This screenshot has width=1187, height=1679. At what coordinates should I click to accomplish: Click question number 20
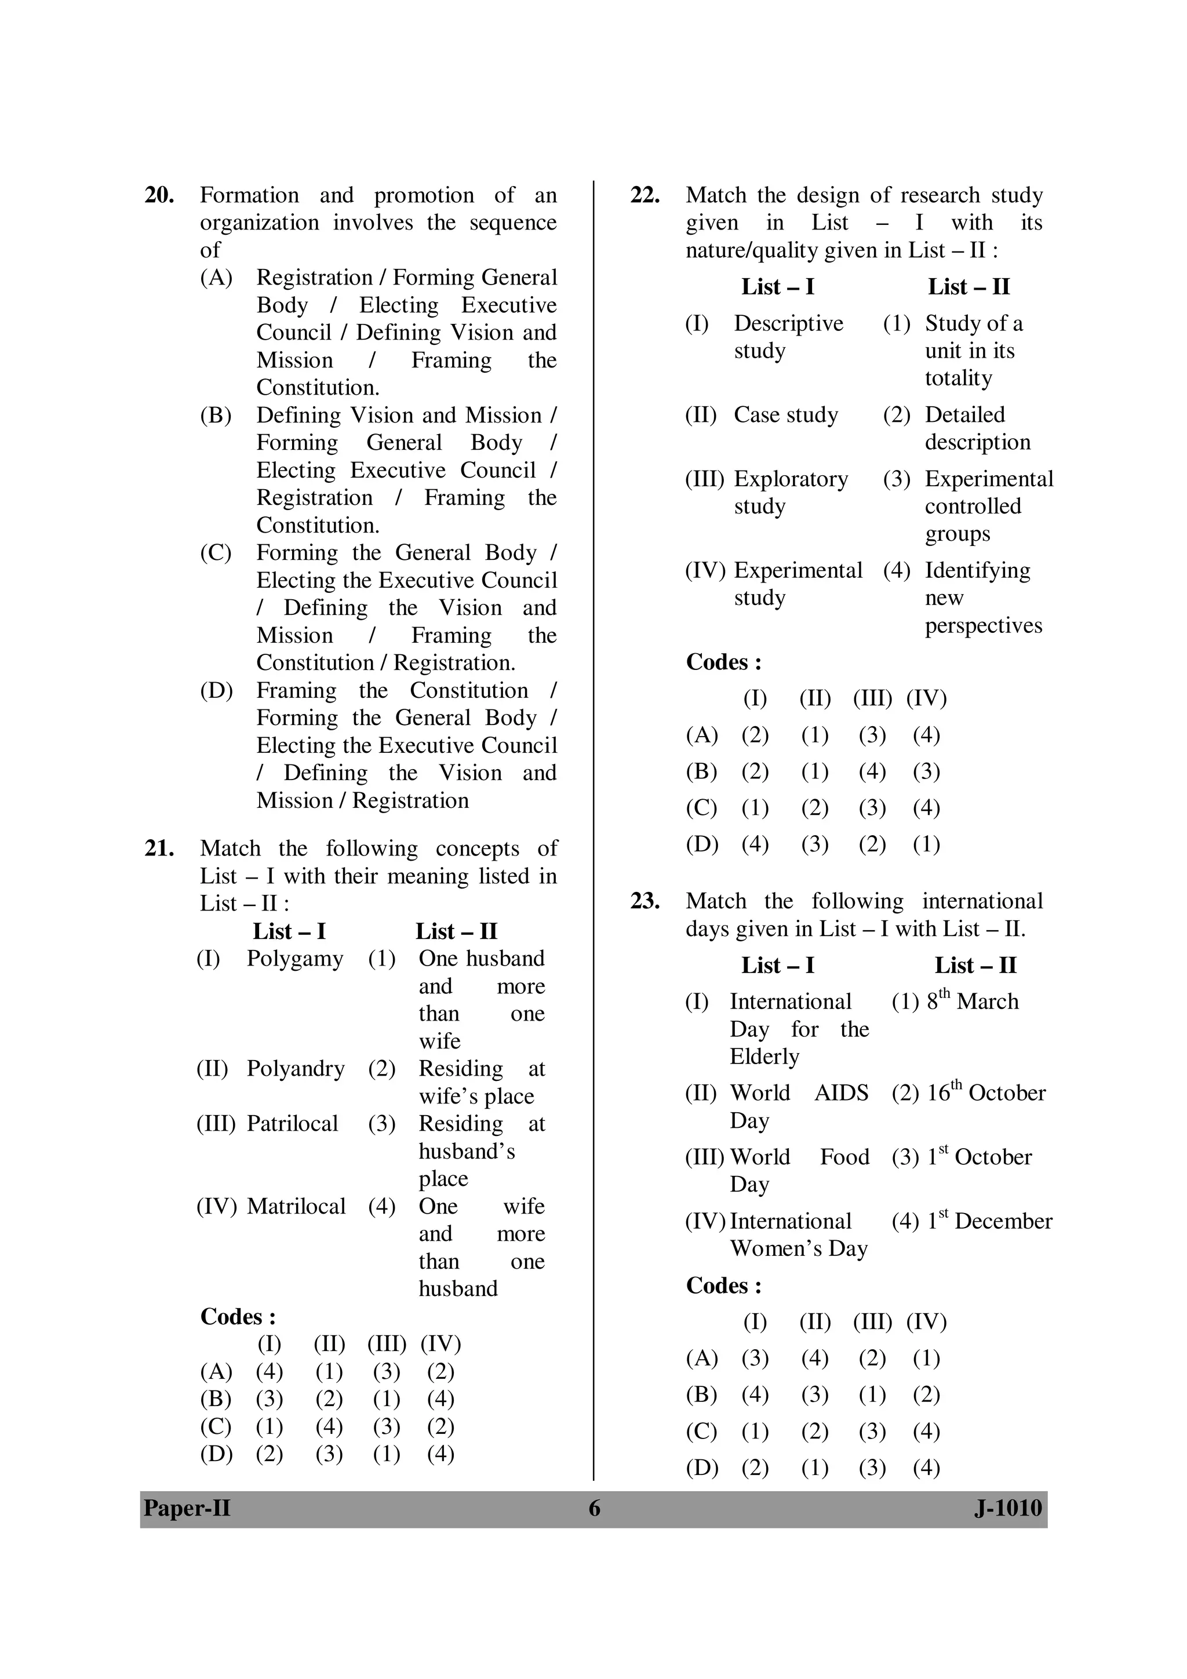[x=159, y=196]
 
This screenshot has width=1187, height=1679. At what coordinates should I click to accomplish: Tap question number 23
[x=645, y=901]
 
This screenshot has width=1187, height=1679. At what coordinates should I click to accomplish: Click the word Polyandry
[x=295, y=1068]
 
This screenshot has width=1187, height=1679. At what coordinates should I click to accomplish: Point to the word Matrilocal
[x=296, y=1206]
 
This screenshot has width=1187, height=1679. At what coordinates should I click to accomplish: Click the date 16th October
[x=986, y=1092]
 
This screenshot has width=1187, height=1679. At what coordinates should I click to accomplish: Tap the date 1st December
[x=989, y=1221]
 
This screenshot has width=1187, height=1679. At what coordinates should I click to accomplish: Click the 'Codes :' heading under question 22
[x=723, y=662]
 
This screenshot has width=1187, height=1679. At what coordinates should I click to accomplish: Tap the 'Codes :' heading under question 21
[x=238, y=1317]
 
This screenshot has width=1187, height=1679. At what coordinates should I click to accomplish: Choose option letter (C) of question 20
[x=216, y=553]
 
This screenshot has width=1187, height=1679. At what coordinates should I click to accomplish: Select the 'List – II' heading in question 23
[x=975, y=966]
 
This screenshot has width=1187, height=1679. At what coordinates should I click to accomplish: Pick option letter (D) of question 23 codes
[x=701, y=1467]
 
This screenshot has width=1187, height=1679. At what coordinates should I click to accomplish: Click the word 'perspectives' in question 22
[x=983, y=626]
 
